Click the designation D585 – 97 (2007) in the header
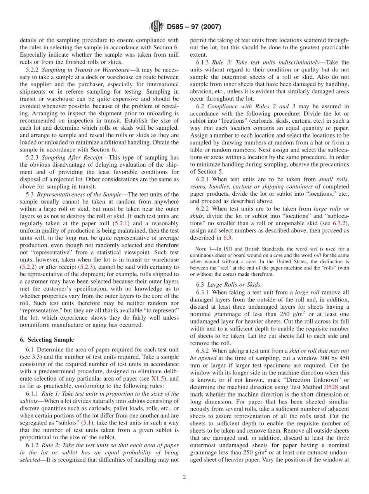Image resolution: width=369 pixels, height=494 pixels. click(194, 27)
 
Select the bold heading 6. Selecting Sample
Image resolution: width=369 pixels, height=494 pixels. click(47, 339)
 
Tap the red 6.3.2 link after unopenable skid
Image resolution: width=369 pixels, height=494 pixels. click(340, 223)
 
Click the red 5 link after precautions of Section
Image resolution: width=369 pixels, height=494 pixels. click(220, 172)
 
